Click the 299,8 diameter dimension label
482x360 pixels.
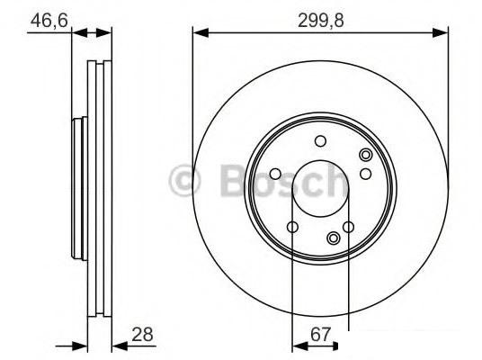[321, 22]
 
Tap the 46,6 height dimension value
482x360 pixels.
[49, 21]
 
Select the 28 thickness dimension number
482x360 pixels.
[142, 334]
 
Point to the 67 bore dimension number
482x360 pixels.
[321, 334]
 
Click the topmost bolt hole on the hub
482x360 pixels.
[321, 141]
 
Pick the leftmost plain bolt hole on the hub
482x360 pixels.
[275, 175]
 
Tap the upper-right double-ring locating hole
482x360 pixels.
[366, 155]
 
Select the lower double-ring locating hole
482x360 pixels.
[334, 238]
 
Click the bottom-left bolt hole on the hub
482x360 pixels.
[292, 228]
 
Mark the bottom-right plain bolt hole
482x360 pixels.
[349, 228]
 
